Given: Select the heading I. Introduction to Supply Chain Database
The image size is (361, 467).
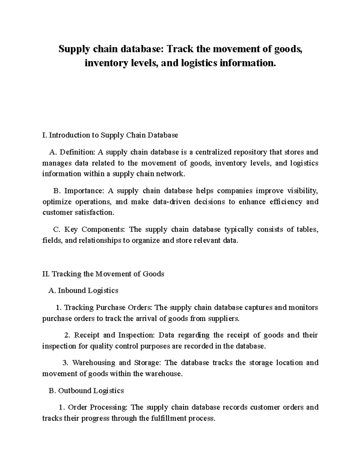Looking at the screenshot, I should coord(110,135).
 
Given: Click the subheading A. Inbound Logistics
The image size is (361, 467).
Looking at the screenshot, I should coord(83,290).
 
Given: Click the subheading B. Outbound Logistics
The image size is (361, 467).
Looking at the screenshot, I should coord(86,391).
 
